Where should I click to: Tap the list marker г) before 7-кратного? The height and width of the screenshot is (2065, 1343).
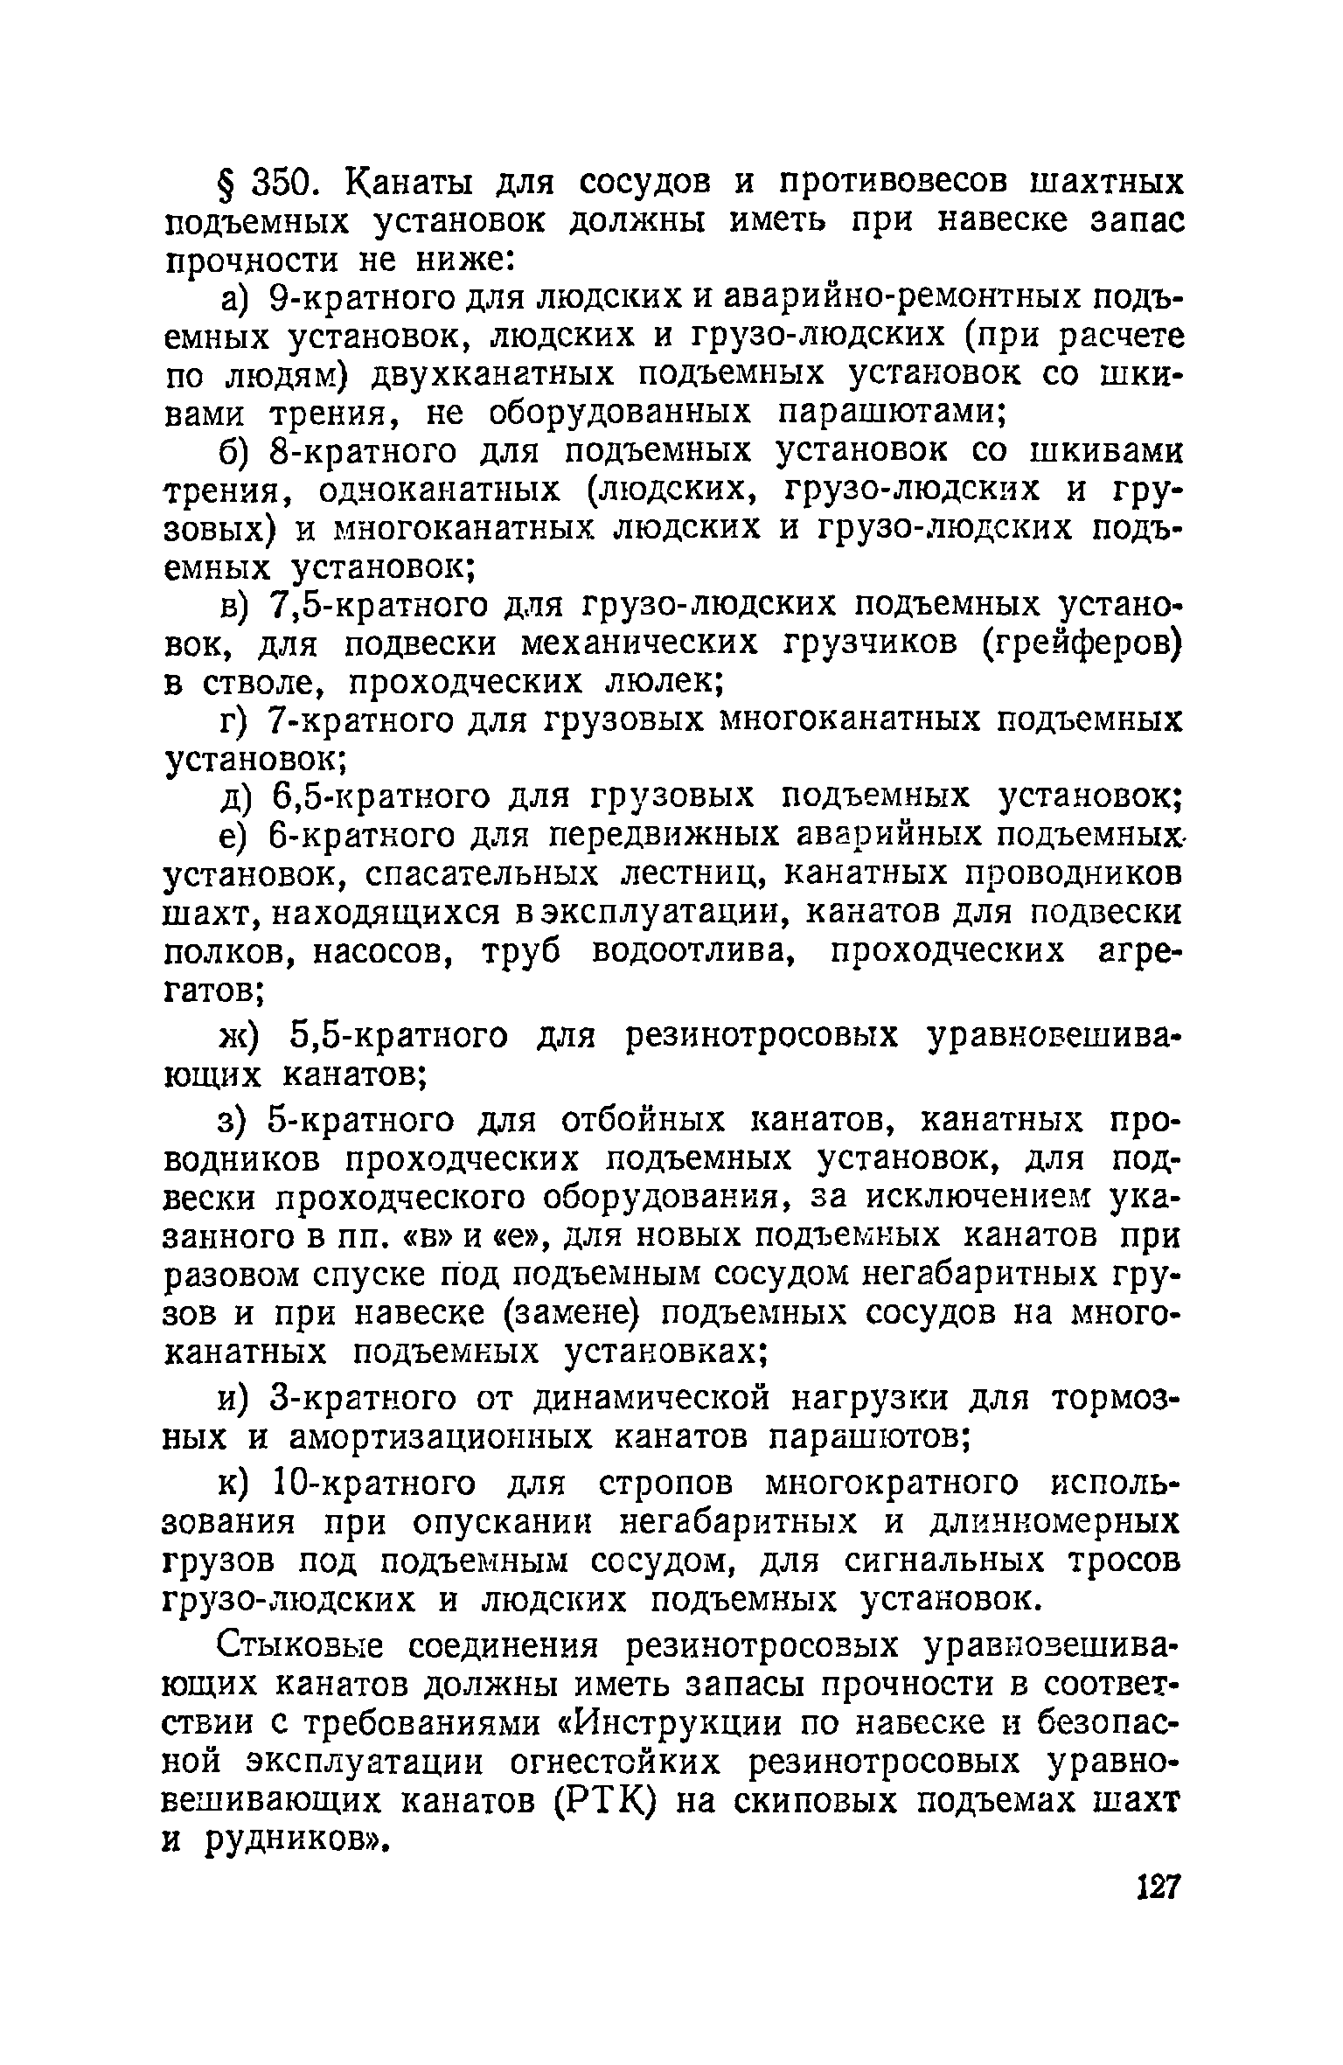[233, 720]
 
